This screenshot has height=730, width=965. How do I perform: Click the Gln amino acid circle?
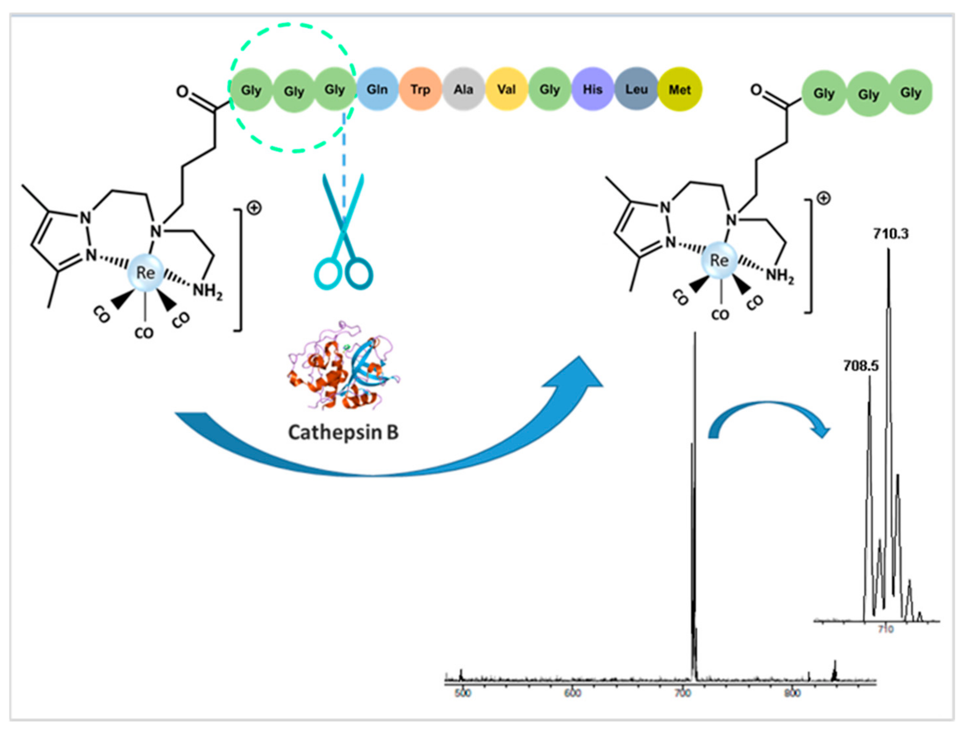point(377,89)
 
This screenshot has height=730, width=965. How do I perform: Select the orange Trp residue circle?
point(420,89)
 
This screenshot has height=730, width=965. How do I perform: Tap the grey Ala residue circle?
point(463,89)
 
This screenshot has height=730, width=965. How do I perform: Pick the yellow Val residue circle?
point(506,89)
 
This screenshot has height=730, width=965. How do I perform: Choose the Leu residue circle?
point(636,89)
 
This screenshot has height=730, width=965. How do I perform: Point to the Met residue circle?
point(680,89)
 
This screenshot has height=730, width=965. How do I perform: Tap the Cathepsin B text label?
point(343,432)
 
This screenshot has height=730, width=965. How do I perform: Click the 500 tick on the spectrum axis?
point(462,694)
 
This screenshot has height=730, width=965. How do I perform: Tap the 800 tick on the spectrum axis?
point(792,694)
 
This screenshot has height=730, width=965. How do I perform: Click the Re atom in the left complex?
point(146,273)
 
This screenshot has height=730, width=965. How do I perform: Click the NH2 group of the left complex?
point(208,291)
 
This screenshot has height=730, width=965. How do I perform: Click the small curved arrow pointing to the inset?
point(768,421)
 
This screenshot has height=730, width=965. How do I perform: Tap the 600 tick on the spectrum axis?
point(572,694)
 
